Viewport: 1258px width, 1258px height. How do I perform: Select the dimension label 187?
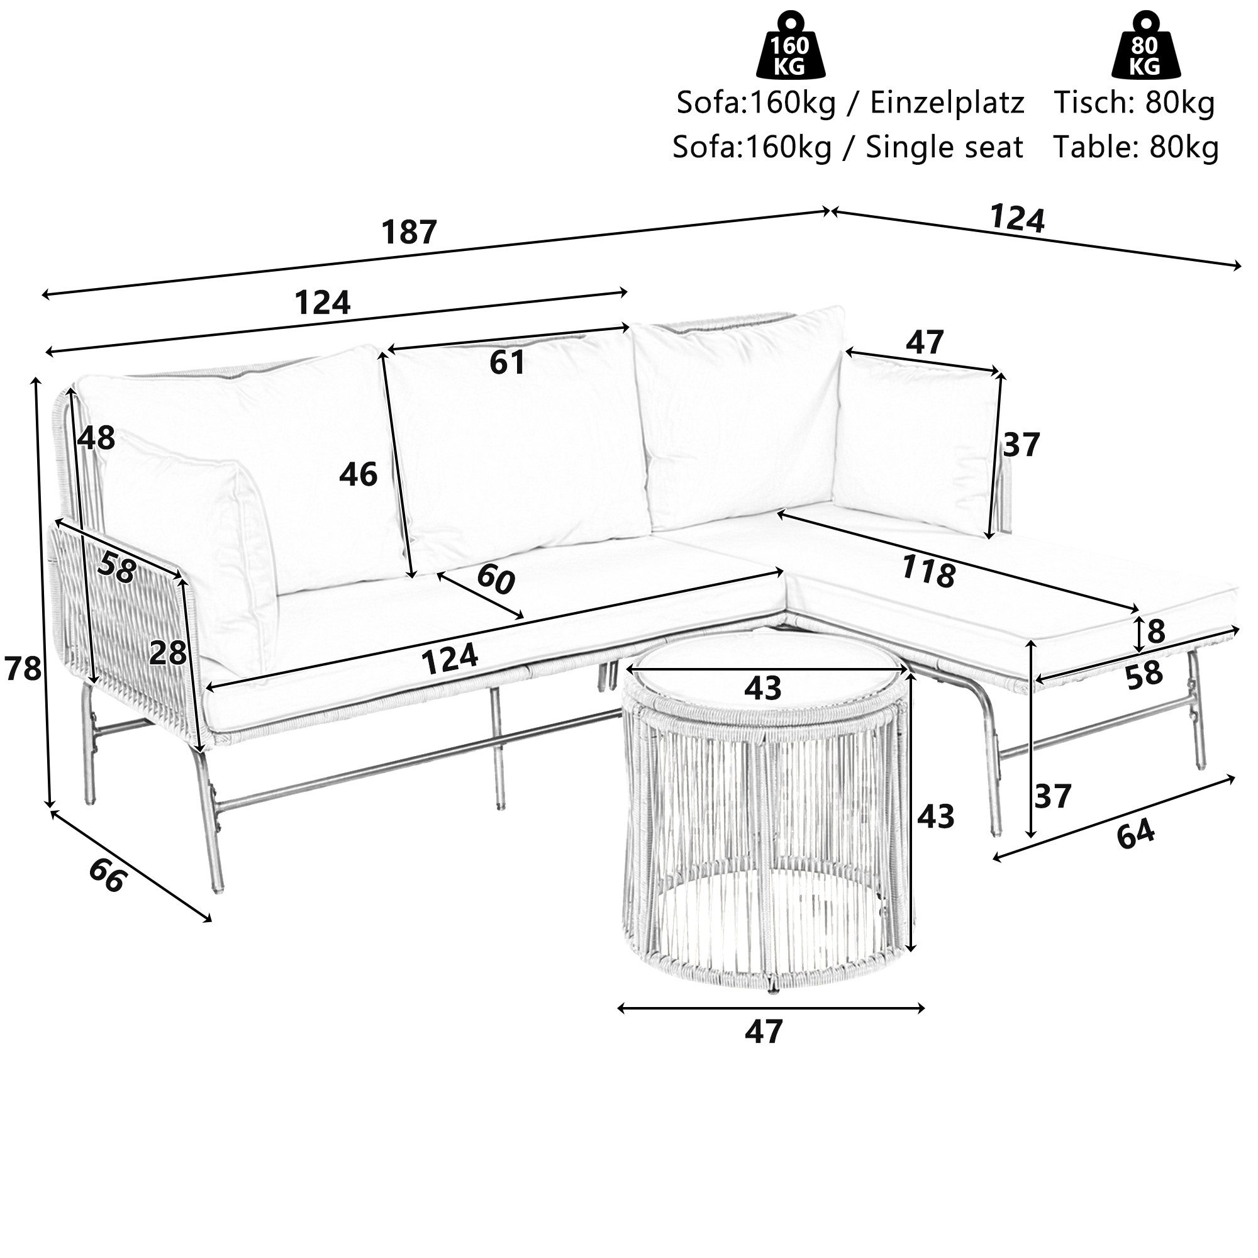[409, 233]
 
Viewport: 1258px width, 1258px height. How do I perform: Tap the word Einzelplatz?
[947, 104]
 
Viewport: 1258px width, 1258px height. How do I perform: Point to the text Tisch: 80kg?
[1134, 104]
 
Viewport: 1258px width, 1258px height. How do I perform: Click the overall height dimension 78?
[23, 669]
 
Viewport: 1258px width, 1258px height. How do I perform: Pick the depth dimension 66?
[106, 876]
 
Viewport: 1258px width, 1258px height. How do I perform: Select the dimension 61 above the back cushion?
[507, 363]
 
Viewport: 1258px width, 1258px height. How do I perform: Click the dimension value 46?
[358, 475]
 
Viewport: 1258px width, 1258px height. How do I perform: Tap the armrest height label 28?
[168, 653]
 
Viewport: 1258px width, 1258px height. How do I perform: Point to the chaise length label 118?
[928, 572]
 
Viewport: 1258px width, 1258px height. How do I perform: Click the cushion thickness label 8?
[1155, 632]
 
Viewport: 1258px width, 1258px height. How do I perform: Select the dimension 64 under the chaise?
[1135, 836]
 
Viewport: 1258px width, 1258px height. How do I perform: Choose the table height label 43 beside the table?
[935, 816]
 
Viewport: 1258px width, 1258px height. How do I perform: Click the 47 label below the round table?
[763, 1032]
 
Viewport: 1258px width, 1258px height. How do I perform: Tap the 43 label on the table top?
[762, 688]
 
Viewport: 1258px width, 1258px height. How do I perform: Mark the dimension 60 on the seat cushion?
[496, 579]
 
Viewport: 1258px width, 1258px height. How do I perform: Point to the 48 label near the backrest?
[96, 438]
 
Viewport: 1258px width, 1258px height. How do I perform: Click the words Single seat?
[944, 148]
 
